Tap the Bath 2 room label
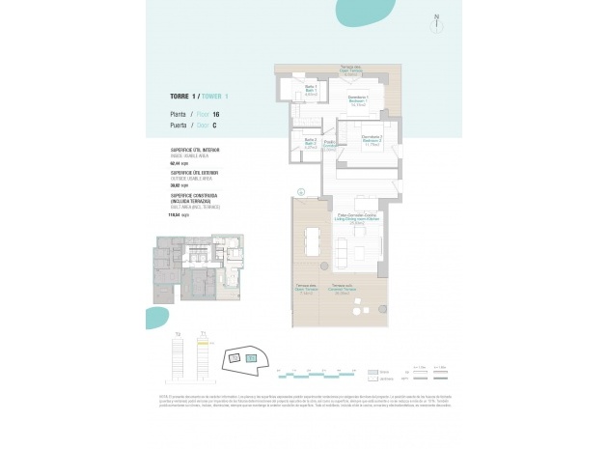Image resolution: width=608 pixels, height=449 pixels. click(x=311, y=144)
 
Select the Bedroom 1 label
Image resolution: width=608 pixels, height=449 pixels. click(x=359, y=102)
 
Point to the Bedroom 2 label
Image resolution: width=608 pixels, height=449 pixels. click(x=372, y=141)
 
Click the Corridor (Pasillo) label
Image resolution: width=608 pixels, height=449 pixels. click(x=329, y=146)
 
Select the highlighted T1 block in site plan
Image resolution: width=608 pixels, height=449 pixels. click(x=252, y=356)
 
